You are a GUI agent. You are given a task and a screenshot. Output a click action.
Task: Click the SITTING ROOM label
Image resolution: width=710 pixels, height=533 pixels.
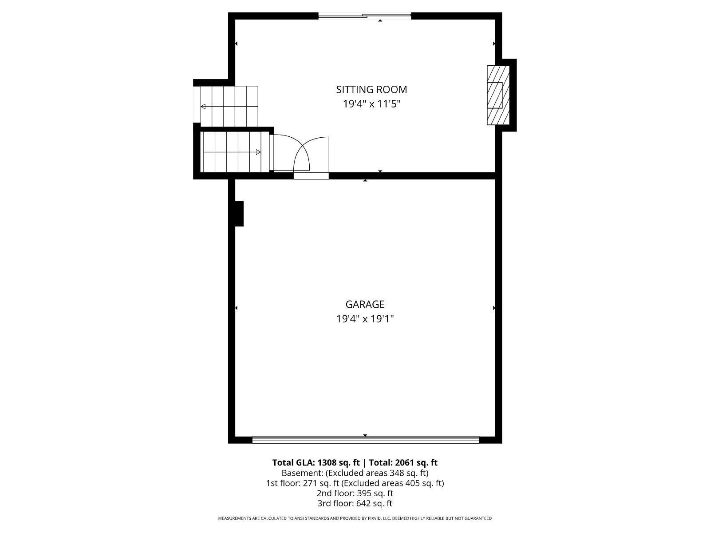(371, 89)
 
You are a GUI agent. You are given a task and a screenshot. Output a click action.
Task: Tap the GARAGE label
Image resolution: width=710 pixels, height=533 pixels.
(365, 304)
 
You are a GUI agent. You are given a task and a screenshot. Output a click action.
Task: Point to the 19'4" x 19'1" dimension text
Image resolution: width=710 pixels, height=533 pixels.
(365, 319)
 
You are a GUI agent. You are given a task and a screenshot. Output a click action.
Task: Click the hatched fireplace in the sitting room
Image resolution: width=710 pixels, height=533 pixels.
(498, 95)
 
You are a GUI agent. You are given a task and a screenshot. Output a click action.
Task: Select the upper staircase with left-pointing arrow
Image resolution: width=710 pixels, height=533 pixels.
(229, 106)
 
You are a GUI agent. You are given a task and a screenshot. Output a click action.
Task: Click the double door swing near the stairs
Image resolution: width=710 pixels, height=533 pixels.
(302, 154)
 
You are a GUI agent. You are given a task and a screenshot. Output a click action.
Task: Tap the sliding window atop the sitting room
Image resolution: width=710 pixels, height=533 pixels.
(365, 16)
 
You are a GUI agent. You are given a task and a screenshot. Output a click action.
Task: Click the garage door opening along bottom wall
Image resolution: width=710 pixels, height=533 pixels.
(366, 440)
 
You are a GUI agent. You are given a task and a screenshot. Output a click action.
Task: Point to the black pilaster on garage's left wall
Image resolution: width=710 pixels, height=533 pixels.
(239, 214)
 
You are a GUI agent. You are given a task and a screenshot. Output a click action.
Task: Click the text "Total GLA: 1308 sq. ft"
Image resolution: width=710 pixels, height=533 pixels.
(316, 462)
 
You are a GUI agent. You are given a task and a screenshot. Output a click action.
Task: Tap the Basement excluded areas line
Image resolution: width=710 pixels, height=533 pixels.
(355, 473)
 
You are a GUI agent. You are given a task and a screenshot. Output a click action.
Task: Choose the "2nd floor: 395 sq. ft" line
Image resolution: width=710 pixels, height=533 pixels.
(355, 493)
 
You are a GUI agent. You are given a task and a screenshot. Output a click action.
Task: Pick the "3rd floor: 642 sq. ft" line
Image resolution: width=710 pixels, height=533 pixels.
(355, 503)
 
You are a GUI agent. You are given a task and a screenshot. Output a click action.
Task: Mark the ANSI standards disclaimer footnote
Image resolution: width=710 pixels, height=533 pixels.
(355, 518)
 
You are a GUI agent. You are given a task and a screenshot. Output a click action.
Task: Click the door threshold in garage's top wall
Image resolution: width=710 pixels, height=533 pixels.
(311, 176)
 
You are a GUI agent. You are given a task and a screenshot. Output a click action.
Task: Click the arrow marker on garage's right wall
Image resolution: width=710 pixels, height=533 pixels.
(494, 308)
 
